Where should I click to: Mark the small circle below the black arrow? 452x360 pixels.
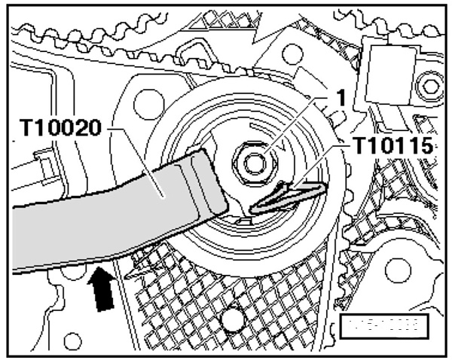[73, 340]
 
